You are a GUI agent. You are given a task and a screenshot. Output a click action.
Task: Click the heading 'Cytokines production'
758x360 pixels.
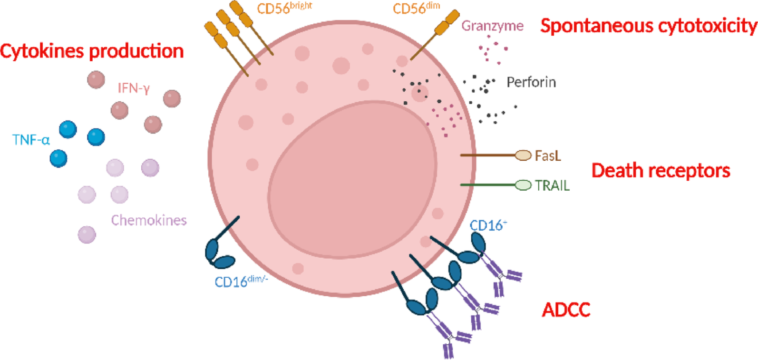coord(92,51)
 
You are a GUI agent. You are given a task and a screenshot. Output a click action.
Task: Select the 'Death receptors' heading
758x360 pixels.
coord(661,170)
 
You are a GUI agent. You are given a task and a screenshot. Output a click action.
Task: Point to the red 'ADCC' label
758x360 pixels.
coord(566,310)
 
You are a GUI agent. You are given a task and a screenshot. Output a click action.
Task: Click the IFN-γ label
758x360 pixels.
coord(134,88)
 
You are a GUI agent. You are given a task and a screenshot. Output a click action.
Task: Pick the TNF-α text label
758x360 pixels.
coord(31,139)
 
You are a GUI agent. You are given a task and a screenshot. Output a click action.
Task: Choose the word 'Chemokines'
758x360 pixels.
coord(149,220)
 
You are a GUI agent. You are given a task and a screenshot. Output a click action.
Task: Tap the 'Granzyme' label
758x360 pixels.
coord(492,26)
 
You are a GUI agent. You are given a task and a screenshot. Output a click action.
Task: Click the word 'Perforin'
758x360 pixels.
coord(531,82)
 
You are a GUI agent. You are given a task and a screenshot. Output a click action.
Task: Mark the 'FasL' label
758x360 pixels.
coord(548,156)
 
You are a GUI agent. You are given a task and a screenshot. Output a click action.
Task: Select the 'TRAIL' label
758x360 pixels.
coord(552,185)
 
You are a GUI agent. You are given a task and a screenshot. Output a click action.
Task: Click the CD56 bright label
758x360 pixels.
coord(284,9)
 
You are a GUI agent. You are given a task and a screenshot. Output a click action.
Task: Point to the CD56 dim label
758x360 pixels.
coord(416,9)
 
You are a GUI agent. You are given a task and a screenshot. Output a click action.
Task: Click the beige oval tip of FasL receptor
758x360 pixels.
coord(523,155)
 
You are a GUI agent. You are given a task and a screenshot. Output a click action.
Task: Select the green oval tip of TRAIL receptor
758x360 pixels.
coord(523,185)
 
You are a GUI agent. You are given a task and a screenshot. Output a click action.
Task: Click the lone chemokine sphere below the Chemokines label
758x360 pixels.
coord(87,234)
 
